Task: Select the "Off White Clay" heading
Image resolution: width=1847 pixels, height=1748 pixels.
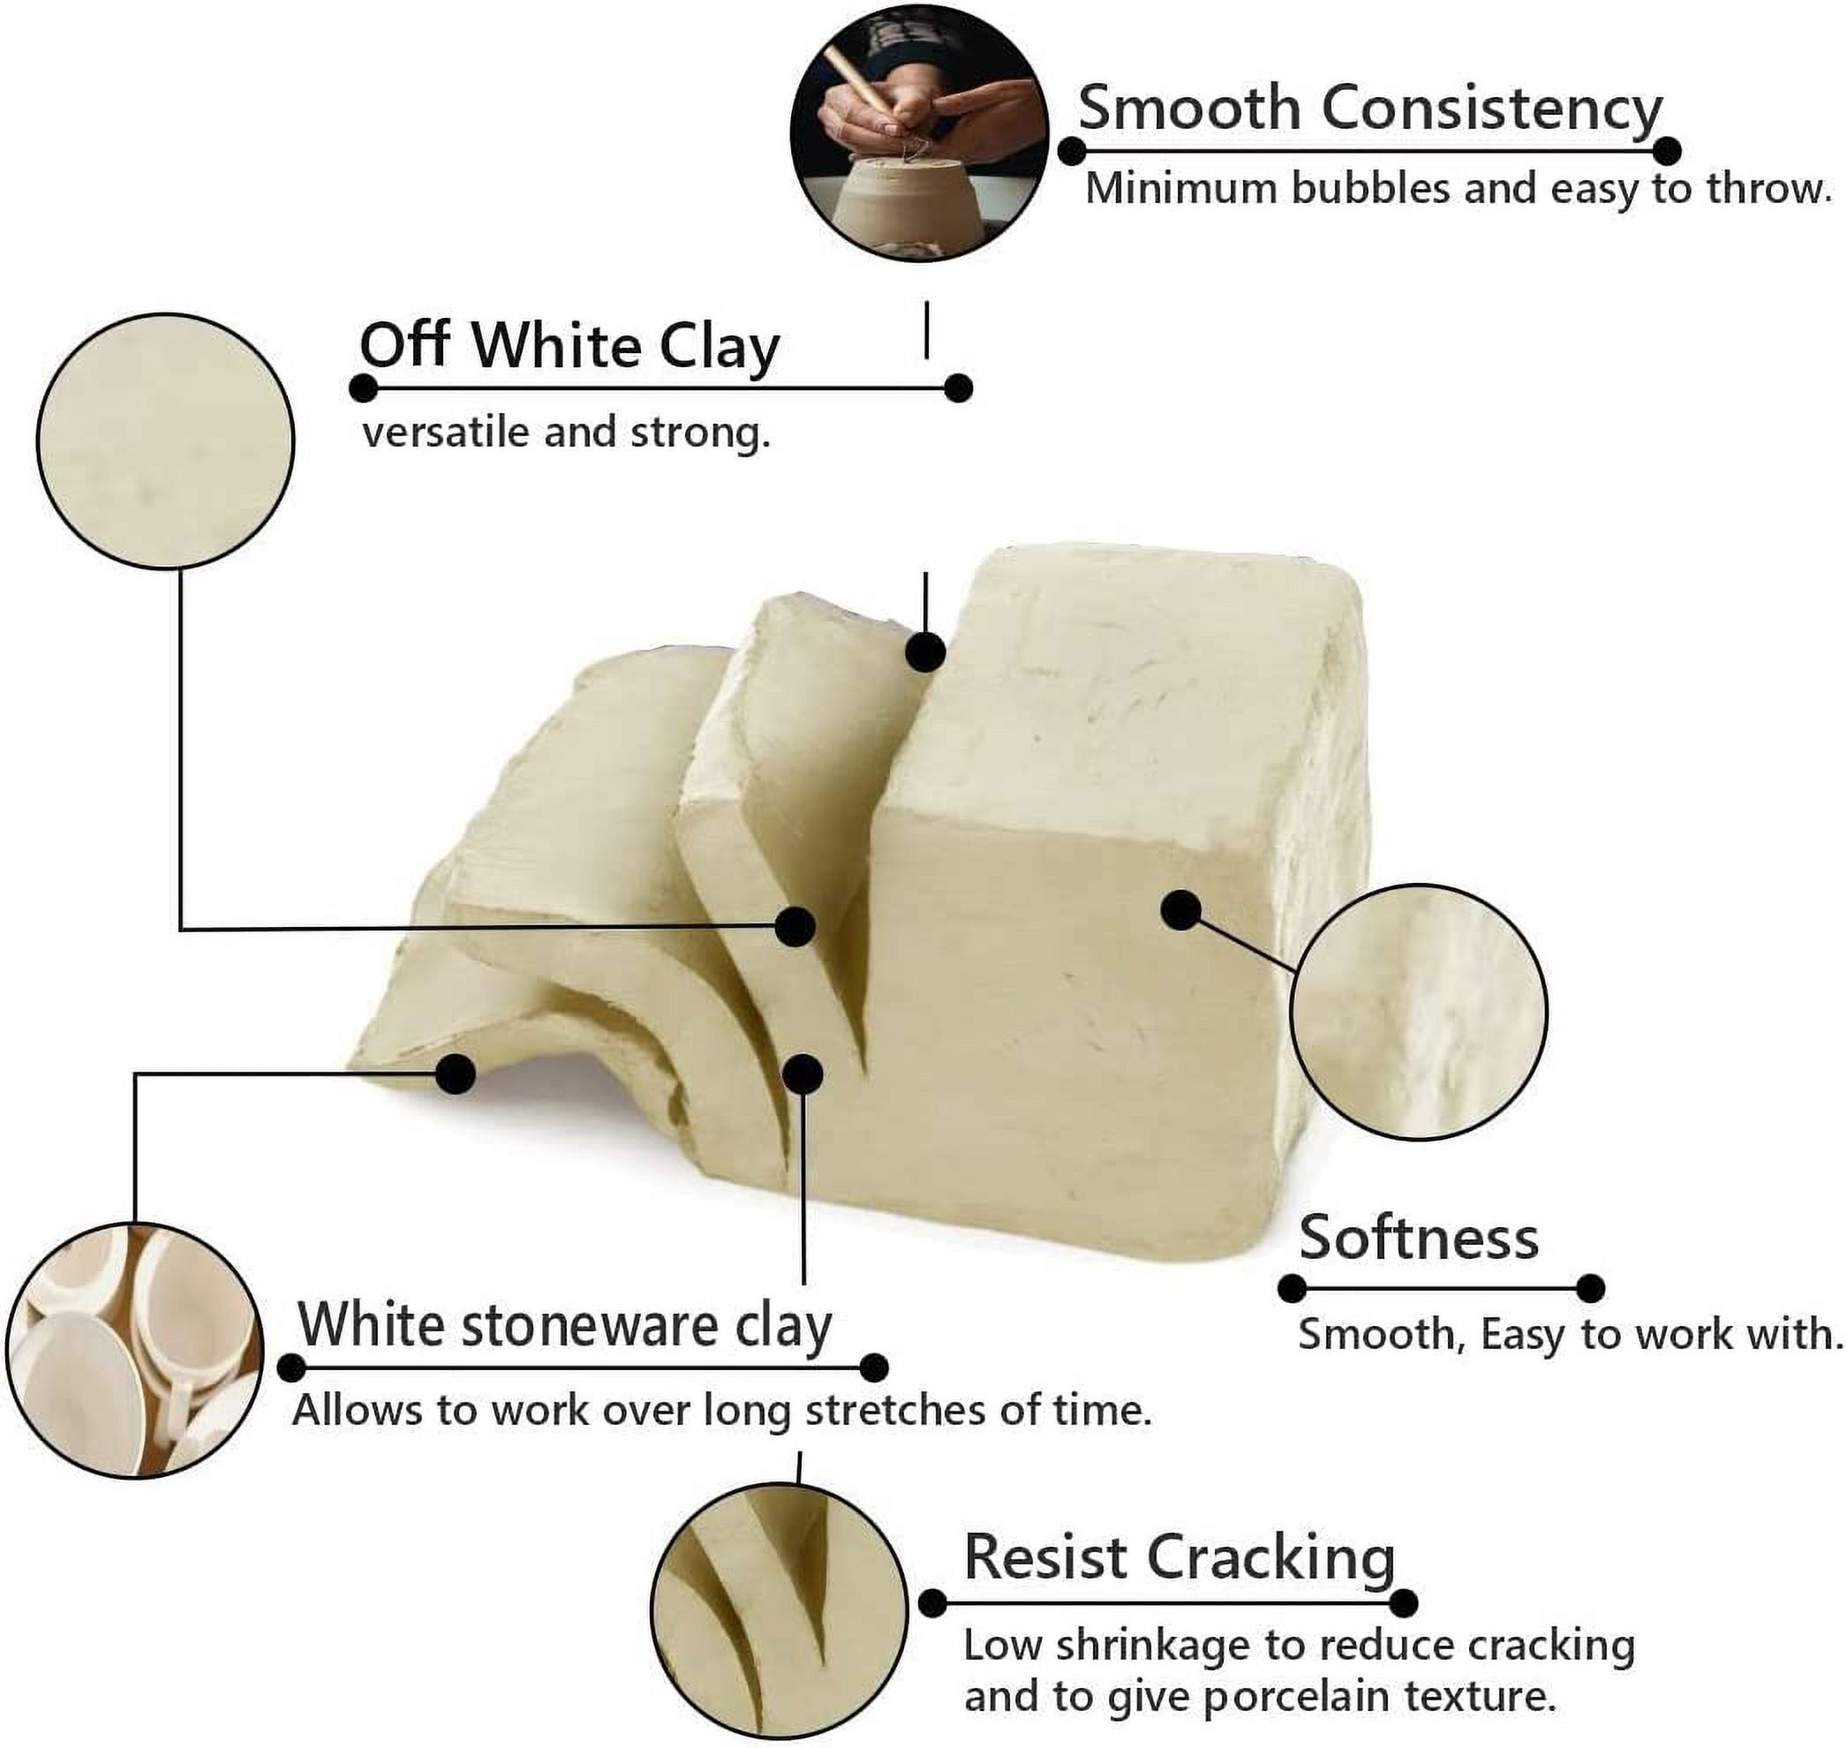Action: (569, 347)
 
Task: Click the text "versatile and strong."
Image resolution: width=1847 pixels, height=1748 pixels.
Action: (567, 434)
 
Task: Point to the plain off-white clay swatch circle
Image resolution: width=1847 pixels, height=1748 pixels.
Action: (166, 440)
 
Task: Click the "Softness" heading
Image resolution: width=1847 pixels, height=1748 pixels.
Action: (1418, 1239)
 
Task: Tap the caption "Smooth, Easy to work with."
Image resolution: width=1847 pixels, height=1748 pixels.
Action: (1571, 1335)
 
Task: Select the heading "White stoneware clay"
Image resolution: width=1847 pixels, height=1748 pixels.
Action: (565, 1325)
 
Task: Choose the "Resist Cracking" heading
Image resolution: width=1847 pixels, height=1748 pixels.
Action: (1179, 1557)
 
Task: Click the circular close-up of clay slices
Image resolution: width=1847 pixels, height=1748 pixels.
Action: (779, 1612)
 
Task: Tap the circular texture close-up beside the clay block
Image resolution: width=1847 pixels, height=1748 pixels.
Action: (1418, 1012)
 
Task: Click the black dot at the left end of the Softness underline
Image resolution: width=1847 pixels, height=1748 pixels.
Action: (1292, 1289)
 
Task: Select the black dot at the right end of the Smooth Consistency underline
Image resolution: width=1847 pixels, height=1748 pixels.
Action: (1667, 151)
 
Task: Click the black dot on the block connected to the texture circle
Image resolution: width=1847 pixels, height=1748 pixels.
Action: (1181, 909)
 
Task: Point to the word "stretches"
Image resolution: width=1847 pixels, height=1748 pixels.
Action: (894, 1411)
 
